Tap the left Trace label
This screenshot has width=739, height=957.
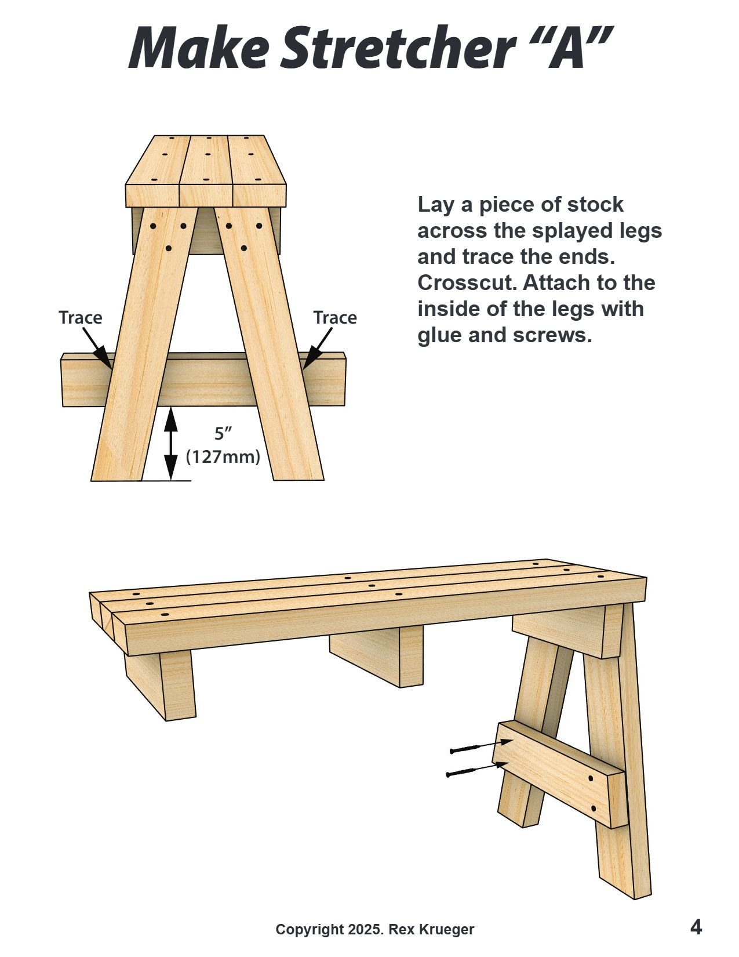[x=80, y=318]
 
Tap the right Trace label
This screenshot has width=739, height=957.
[x=335, y=318]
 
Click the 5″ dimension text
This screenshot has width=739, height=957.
[x=223, y=433]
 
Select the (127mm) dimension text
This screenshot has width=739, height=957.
[x=223, y=457]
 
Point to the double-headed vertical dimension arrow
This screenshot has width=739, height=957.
[x=170, y=444]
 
